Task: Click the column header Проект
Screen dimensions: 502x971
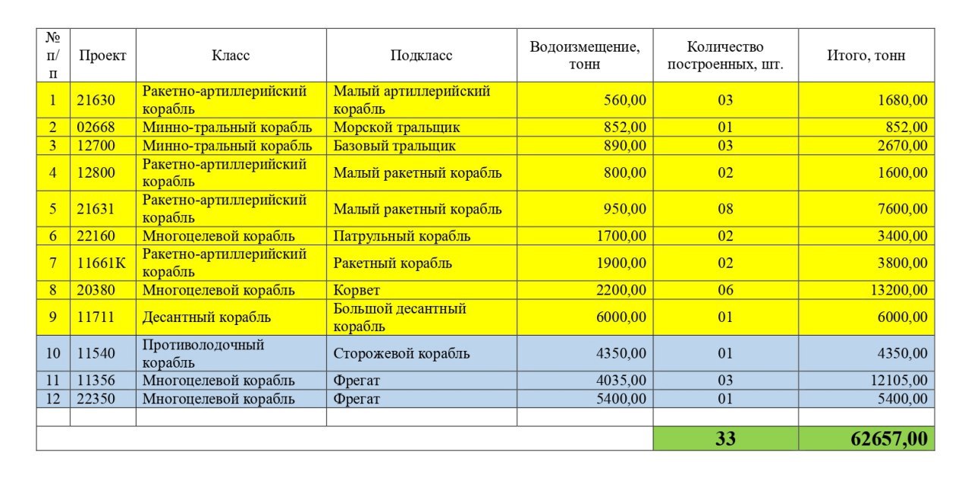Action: [x=102, y=55]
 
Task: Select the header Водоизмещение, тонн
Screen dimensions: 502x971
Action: [x=584, y=55]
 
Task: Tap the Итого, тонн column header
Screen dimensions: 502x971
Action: [x=866, y=55]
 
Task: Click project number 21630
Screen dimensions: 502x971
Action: [x=96, y=100]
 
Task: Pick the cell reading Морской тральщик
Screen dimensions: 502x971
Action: [x=397, y=128]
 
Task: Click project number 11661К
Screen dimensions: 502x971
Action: [x=102, y=264]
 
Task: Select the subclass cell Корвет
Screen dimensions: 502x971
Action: [x=357, y=290]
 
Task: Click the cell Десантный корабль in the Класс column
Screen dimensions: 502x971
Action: [x=206, y=317]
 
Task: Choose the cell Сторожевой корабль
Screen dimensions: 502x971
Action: [x=401, y=354]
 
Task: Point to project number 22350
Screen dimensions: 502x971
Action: [x=96, y=399]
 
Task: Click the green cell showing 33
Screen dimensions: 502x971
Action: [x=725, y=439]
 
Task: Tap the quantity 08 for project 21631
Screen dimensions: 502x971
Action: [x=725, y=210]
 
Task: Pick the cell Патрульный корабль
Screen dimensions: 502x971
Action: [x=401, y=236]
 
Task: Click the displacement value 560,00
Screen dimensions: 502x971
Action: [x=625, y=100]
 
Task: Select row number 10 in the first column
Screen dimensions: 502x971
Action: [x=53, y=354]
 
